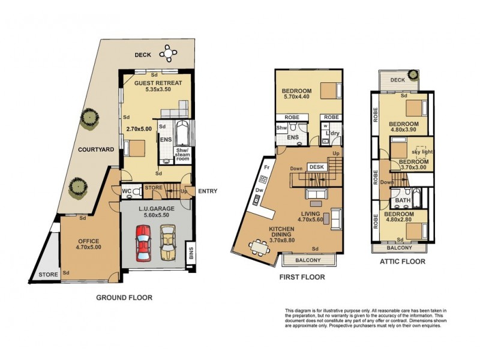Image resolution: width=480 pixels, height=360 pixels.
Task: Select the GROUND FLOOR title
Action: coord(124,297)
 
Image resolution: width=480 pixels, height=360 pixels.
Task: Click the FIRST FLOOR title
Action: coord(302,277)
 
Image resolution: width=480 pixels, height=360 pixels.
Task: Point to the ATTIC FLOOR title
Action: coord(402,262)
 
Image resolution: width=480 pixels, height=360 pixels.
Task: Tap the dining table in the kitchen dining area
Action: coord(260,247)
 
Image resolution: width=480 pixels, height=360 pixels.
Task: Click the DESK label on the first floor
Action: coord(316,166)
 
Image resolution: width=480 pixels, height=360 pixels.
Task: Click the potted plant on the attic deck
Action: coord(413,76)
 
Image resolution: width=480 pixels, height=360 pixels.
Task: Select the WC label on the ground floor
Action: coord(127,192)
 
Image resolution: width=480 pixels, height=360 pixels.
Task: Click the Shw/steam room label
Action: coord(182,154)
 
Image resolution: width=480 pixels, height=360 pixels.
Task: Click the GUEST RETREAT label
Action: coord(154,82)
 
